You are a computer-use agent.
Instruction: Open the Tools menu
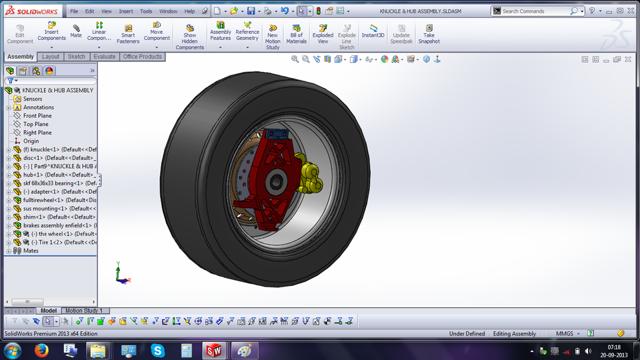(x=146, y=11)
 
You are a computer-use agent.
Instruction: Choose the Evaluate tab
(x=105, y=57)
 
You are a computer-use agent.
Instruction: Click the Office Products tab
(x=143, y=57)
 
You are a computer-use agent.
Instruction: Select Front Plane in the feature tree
(x=37, y=116)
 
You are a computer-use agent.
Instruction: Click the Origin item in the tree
(x=31, y=141)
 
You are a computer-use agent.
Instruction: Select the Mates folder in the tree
(x=31, y=251)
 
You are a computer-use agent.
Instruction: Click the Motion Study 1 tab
(x=83, y=311)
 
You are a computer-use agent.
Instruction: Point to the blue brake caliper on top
(x=275, y=135)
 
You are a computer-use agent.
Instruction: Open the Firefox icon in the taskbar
(x=41, y=350)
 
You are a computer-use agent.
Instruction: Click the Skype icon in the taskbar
(x=158, y=350)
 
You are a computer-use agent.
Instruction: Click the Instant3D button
(x=373, y=31)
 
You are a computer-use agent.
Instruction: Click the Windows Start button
(x=13, y=350)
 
